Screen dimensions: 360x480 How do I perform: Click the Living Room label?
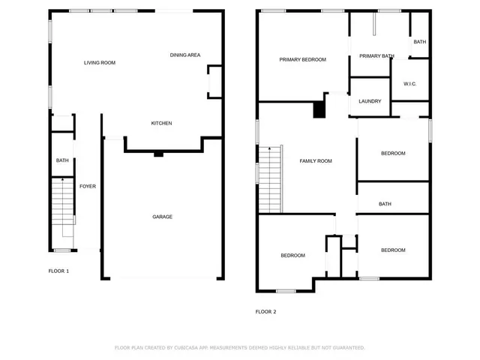coord(99,63)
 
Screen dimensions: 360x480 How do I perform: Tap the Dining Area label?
coord(184,55)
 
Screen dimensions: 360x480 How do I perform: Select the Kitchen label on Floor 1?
coord(162,123)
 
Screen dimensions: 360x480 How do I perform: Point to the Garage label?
coord(163,217)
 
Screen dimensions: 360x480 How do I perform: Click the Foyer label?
coord(88,186)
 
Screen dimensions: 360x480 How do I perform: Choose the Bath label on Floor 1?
coord(62,160)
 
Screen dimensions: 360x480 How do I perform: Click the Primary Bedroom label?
coord(302,59)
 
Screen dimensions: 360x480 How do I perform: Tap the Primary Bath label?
coord(376,55)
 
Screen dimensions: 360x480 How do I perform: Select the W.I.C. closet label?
coord(409,83)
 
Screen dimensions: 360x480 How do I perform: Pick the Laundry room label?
coord(370,101)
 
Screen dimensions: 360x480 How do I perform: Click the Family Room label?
coord(316,160)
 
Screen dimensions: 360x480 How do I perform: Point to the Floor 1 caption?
coord(58,271)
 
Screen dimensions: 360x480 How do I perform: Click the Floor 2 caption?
coord(265,311)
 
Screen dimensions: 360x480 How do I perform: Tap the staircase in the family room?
coord(270,178)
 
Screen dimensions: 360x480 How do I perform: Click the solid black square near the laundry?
coord(319,109)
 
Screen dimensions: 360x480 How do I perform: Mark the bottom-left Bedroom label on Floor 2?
coord(292,255)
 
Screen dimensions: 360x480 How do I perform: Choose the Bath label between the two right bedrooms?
coord(385,204)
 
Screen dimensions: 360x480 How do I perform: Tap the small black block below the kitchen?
coord(158,154)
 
